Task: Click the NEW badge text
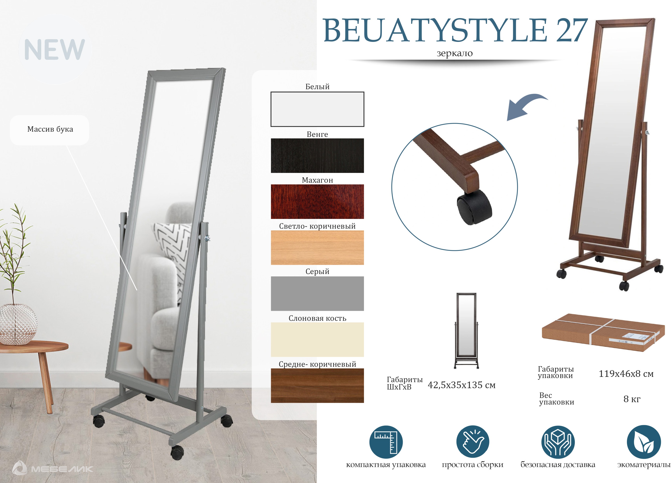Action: click(x=54, y=49)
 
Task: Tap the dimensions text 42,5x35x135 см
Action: click(x=461, y=385)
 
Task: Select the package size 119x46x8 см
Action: click(x=626, y=374)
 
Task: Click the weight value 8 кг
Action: click(x=632, y=399)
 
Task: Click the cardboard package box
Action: click(x=603, y=332)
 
